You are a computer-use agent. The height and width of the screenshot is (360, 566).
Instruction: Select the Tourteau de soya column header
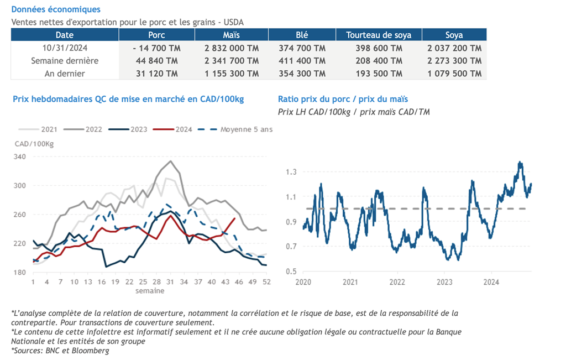[379, 35]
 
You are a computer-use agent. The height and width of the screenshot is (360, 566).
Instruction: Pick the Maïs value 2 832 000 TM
[231, 48]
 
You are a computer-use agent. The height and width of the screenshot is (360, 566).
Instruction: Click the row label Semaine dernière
[65, 61]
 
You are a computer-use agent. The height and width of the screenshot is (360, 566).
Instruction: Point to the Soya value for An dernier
[454, 73]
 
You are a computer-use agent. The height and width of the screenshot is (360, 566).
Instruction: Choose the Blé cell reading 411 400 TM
[302, 61]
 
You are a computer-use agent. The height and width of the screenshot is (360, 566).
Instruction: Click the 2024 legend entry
[184, 129]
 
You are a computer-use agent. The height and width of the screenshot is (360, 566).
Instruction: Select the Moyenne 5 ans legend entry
[246, 129]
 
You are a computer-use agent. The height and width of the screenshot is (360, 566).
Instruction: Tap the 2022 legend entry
[93, 129]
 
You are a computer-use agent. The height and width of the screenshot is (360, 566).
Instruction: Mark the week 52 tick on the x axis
[265, 282]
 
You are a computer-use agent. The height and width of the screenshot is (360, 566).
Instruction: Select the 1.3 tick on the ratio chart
[291, 172]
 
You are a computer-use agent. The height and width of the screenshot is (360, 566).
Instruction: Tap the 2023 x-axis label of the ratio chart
[444, 282]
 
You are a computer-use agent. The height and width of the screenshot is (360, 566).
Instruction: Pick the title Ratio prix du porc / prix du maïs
[343, 99]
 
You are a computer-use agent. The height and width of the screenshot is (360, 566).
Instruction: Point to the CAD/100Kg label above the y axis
[34, 144]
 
